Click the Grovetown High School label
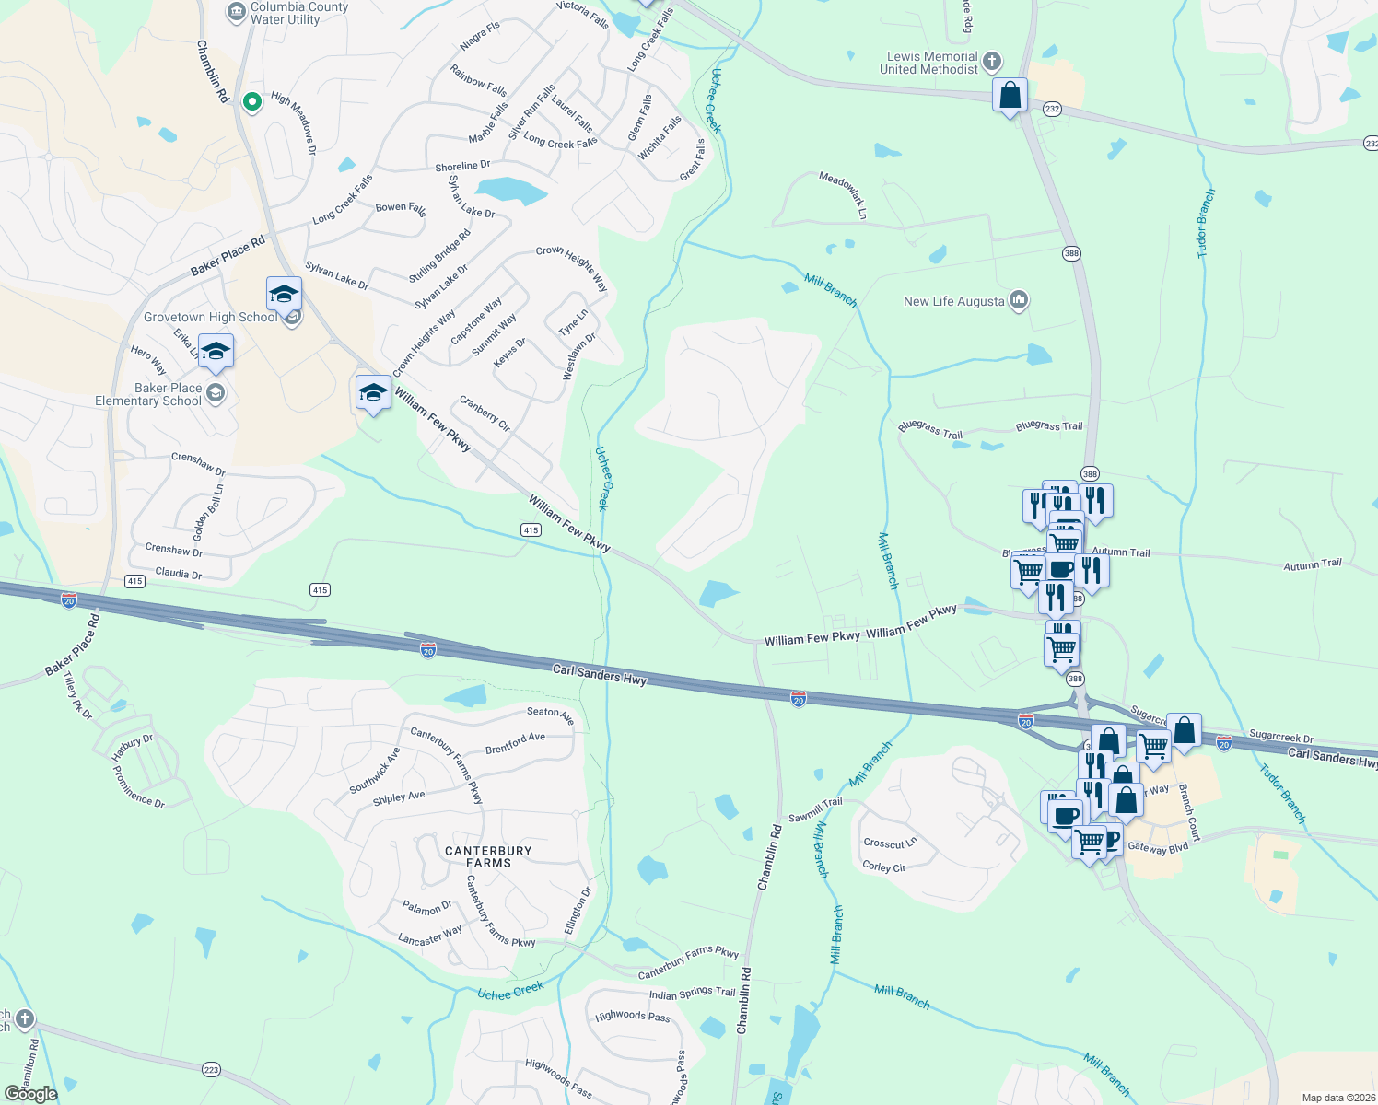pos(210,318)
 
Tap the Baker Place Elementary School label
pos(148,394)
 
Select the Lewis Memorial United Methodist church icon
pos(992,62)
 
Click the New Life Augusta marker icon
pos(1018,300)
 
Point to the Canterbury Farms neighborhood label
pos(488,857)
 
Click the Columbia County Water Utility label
pos(298,13)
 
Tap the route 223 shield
pos(211,1069)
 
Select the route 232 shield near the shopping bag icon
pos(1053,109)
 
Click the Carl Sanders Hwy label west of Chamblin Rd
pos(600,675)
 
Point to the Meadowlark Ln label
pos(844,195)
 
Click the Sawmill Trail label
pos(815,810)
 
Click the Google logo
pos(30,1093)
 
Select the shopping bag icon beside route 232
pos(1010,96)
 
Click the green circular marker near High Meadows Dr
pos(251,102)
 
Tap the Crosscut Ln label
pos(890,843)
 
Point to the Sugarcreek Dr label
pos(1281,737)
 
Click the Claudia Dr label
pos(179,573)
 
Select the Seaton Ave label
pos(551,715)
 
